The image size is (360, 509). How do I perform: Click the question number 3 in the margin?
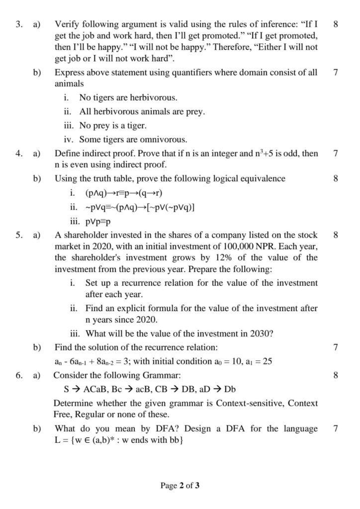click(x=18, y=23)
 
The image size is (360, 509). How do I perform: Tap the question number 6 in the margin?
click(x=18, y=375)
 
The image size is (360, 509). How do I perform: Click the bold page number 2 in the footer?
click(x=181, y=485)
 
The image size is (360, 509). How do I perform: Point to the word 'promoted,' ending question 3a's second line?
click(x=298, y=37)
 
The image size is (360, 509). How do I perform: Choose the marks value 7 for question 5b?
click(x=337, y=347)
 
